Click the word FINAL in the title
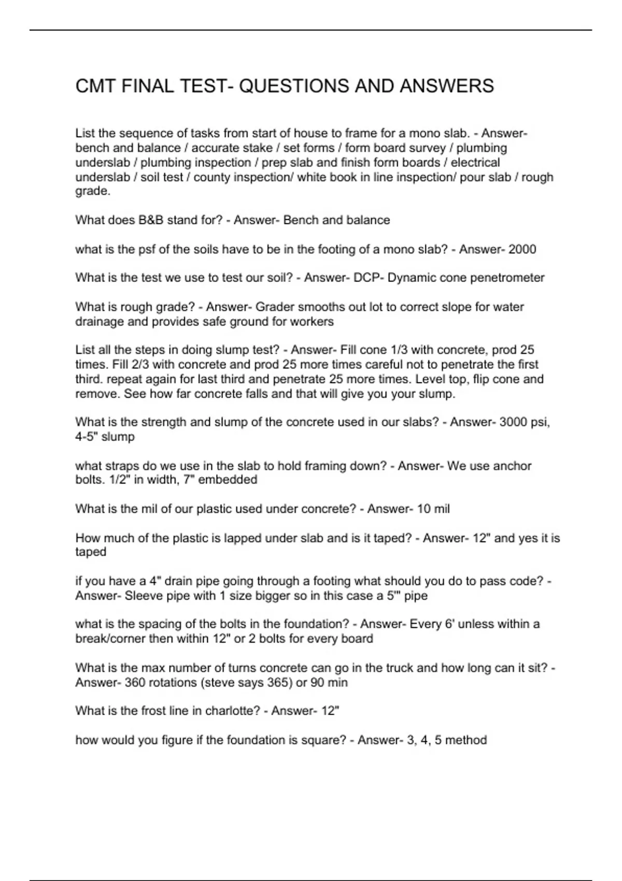[147, 86]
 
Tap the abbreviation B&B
[150, 220]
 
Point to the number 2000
[522, 249]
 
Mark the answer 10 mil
[433, 509]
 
